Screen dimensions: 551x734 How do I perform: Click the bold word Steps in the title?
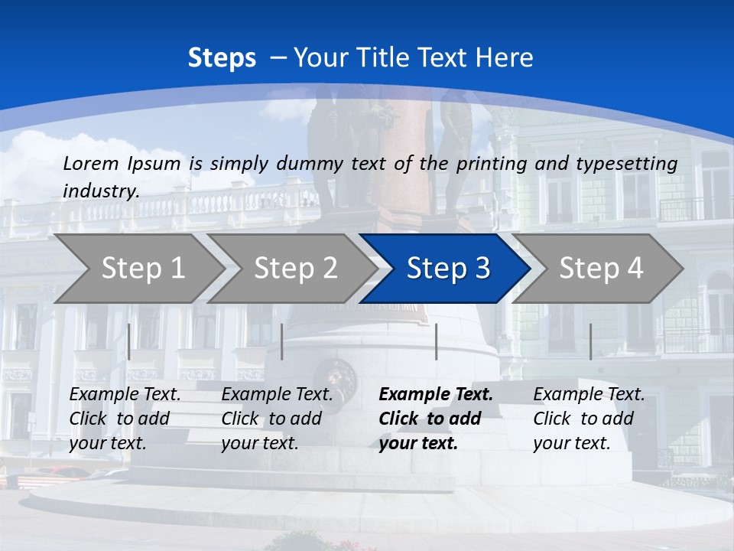coord(222,58)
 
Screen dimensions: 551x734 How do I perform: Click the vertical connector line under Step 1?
coord(129,341)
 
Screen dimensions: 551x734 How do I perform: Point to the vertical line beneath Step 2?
coord(282,341)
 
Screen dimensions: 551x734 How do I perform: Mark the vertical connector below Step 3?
coord(436,341)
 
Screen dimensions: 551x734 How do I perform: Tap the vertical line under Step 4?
coord(590,341)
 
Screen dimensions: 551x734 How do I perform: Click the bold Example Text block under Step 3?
coord(436,419)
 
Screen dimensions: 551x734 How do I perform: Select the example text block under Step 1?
coord(125,419)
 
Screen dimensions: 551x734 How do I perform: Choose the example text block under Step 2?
coord(277,419)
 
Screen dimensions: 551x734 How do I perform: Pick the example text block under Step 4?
coord(589,419)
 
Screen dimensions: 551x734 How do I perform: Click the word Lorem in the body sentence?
coord(89,163)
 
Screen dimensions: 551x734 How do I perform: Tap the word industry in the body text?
coord(100,191)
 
